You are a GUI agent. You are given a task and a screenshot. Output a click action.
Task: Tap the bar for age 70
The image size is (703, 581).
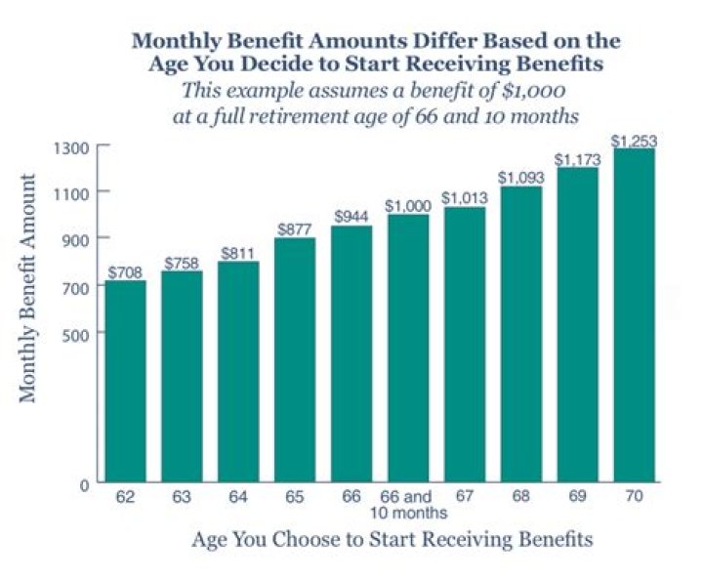tap(634, 315)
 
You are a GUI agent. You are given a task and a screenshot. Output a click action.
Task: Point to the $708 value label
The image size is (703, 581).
tap(125, 272)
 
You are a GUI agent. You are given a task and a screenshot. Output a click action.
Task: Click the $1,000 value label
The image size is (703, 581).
tap(406, 206)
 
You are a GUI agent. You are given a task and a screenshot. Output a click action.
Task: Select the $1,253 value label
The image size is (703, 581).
tap(634, 142)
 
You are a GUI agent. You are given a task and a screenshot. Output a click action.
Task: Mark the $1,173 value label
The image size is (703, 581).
tap(576, 159)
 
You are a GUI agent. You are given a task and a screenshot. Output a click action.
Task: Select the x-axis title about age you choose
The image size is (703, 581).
tap(393, 539)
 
